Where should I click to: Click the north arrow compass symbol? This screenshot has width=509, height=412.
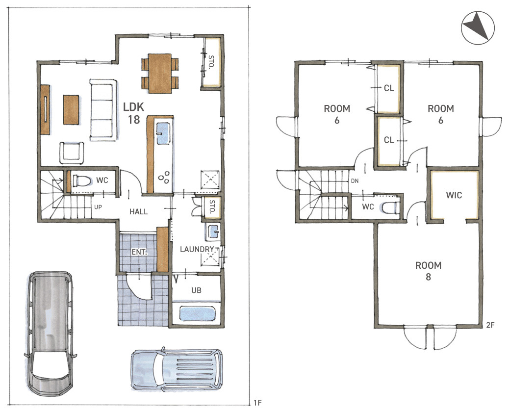[478, 27]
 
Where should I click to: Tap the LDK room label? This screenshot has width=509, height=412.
[133, 113]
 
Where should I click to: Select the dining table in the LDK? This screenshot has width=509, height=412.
[160, 74]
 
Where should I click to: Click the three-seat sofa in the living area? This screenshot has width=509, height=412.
[103, 110]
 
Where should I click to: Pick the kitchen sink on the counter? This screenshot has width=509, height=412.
[163, 133]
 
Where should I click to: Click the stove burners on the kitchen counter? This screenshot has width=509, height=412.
[164, 177]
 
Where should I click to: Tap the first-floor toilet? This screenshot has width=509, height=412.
[81, 181]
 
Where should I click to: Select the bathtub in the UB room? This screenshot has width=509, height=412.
[197, 314]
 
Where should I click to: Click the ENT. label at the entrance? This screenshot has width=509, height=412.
[139, 252]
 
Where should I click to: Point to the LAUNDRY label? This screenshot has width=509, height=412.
[197, 249]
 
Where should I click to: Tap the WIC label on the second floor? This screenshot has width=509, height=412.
[454, 195]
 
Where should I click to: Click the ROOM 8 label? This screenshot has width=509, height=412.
[428, 271]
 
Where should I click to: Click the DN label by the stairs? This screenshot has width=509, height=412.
[355, 181]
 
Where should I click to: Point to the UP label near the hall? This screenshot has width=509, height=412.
[98, 207]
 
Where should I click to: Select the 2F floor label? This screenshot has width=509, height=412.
[490, 325]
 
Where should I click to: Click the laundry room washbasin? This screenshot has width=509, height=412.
[213, 232]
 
